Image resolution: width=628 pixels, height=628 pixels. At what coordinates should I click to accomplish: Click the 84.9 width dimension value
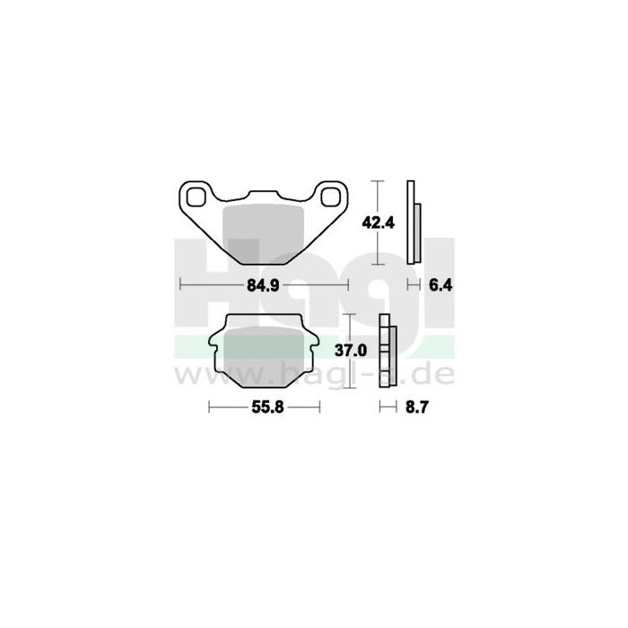[x=265, y=285]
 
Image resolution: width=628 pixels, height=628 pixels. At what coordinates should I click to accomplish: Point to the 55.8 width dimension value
[x=264, y=406]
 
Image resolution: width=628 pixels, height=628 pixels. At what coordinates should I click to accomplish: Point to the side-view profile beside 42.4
[x=412, y=222]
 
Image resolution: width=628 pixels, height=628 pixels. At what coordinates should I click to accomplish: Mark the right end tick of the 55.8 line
[x=319, y=406]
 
